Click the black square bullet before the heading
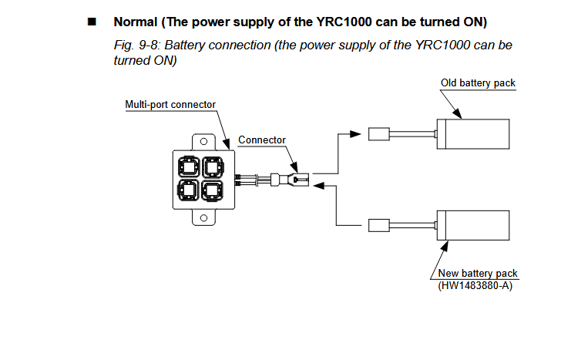click(x=92, y=22)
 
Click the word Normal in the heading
click(x=136, y=22)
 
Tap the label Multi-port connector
click(x=170, y=105)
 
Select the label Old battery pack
click(x=478, y=83)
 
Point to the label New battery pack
click(x=478, y=274)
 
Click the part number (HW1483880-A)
click(x=475, y=285)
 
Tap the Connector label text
click(x=262, y=140)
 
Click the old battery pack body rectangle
click(x=473, y=134)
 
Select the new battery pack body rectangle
click(x=473, y=225)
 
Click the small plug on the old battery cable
click(x=379, y=134)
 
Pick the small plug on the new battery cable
click(x=379, y=225)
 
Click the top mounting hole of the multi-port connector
click(x=203, y=141)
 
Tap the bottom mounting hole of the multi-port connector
click(x=203, y=218)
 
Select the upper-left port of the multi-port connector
click(x=189, y=167)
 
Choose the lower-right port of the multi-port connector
click(x=213, y=190)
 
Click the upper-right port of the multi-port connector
click(x=213, y=167)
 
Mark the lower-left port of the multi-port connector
click(x=189, y=190)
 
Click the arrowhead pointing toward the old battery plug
click(x=355, y=134)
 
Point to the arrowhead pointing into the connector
click(x=319, y=185)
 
